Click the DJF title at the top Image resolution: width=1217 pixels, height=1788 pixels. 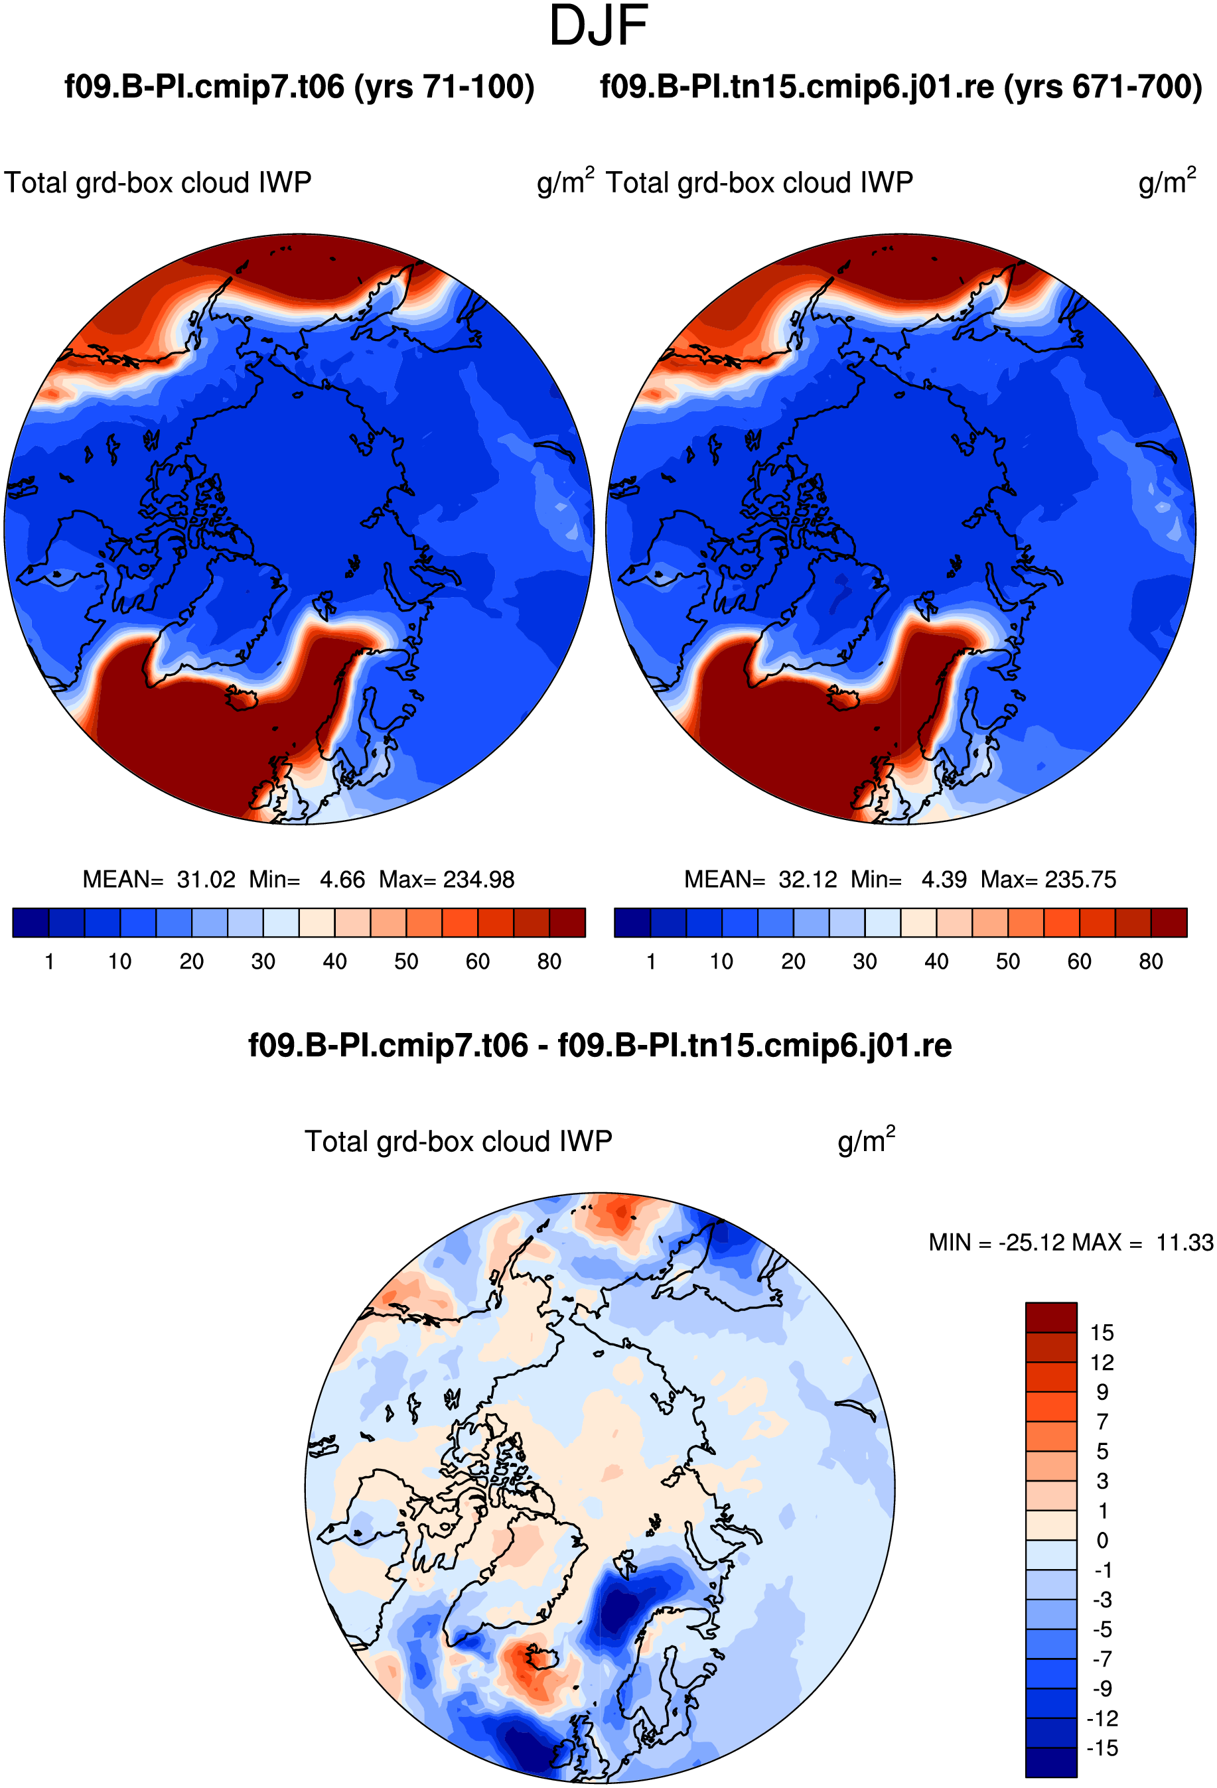599,26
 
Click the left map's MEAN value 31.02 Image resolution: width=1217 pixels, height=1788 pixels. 206,879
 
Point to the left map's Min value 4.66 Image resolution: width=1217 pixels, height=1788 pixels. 342,879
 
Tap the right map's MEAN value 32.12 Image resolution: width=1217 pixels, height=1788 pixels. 808,879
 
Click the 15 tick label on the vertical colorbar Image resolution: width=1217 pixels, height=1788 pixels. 1102,1332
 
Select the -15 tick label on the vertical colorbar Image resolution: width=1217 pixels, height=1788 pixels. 1102,1748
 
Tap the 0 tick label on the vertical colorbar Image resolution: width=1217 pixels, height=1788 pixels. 1102,1541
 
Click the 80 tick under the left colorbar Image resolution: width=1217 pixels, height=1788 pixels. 549,961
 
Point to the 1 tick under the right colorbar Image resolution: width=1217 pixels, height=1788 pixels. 651,961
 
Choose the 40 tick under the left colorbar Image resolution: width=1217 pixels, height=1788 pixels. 334,961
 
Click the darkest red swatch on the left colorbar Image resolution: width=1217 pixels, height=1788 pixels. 568,922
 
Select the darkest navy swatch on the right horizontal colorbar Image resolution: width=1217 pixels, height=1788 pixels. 632,922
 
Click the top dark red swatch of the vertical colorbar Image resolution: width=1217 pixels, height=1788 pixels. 1051,1317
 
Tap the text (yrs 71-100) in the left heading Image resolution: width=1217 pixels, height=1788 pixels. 444,87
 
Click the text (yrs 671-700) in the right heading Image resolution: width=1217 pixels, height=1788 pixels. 1102,87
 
